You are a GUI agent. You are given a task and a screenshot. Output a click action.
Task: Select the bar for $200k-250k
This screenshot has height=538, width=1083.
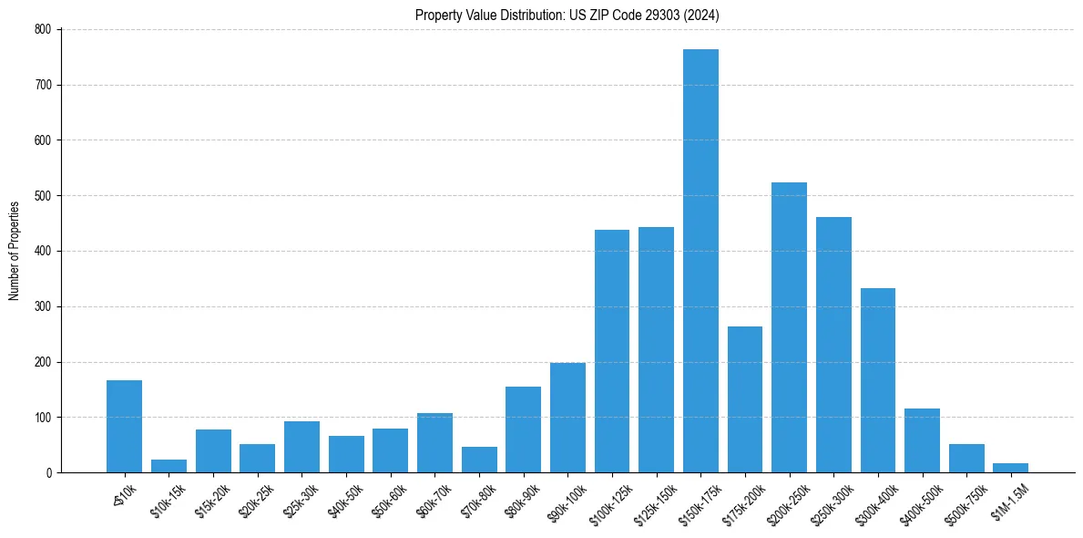[x=789, y=327]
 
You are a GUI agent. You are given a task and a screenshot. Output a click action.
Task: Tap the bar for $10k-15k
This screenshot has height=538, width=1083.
[x=169, y=466]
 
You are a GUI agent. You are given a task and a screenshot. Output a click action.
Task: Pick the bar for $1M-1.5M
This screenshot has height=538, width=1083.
[x=1011, y=468]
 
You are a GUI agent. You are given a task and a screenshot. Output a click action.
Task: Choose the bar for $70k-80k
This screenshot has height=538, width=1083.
[x=479, y=460]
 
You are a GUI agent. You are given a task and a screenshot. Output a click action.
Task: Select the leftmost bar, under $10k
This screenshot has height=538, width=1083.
[x=124, y=427]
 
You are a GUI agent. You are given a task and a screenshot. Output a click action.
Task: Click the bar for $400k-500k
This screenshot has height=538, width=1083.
[x=922, y=440]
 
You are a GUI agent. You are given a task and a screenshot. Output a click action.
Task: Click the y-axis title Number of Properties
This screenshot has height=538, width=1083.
[x=15, y=251]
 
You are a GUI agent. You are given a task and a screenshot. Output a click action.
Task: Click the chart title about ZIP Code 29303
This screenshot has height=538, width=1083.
[x=567, y=15]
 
